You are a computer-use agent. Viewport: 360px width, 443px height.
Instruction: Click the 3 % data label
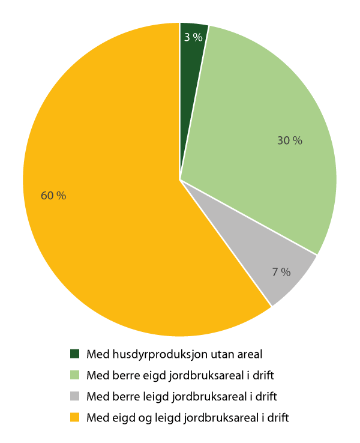click(x=193, y=37)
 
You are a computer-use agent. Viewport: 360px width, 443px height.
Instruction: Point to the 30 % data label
click(x=289, y=141)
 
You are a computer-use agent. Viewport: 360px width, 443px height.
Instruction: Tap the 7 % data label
click(x=281, y=272)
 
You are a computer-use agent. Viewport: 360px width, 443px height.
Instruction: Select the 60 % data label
click(x=53, y=196)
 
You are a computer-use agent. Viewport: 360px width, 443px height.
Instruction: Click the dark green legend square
click(x=75, y=354)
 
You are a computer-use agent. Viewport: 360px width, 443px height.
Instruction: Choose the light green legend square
click(x=75, y=375)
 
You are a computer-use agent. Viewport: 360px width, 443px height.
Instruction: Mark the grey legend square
click(x=75, y=396)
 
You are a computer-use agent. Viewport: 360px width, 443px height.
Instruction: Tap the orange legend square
click(x=75, y=417)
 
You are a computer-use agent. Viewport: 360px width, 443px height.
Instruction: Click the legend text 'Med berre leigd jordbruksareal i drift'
click(x=182, y=397)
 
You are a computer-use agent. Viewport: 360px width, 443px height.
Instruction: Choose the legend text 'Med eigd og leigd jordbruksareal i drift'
click(x=188, y=418)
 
